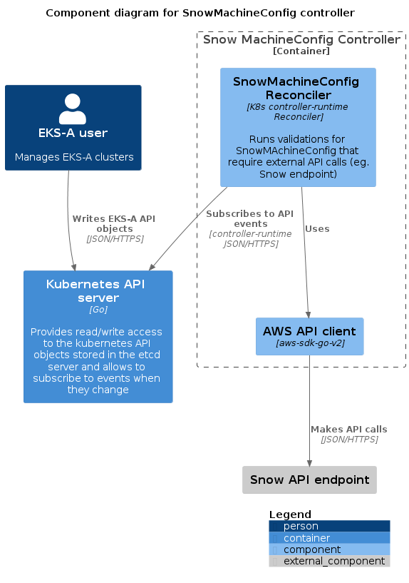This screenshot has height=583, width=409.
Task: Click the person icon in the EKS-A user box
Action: coord(73,108)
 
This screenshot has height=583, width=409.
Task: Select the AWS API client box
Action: coord(309,336)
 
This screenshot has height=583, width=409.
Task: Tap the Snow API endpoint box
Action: coord(309,480)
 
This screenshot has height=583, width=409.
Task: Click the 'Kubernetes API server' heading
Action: coord(95,290)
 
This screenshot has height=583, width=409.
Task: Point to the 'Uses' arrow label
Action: coord(317,228)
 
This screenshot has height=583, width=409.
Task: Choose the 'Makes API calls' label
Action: coord(349,429)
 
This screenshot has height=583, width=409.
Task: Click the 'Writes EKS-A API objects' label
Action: coord(114,223)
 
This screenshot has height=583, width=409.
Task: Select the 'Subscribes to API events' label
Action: coord(250,218)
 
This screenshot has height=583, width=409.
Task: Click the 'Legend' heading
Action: coord(290,514)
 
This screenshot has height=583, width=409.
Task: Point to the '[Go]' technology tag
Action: coord(98,310)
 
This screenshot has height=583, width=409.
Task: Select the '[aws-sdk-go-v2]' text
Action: coord(310,343)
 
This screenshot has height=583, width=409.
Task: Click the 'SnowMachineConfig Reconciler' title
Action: coord(296,88)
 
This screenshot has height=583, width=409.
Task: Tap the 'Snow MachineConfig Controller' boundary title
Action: coord(301,39)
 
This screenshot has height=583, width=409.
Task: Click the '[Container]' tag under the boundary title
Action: coord(301,51)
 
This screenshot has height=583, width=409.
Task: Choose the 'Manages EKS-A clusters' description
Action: coord(74,157)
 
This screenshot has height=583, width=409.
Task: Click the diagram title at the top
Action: coord(200,13)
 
